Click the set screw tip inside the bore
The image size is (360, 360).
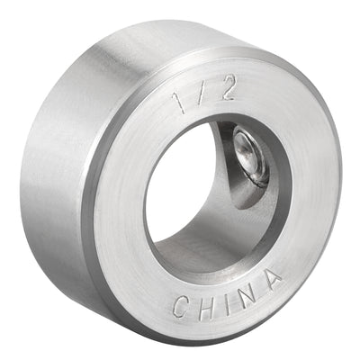click(x=248, y=150)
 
